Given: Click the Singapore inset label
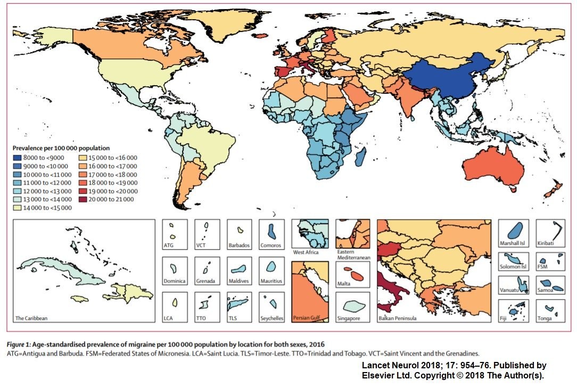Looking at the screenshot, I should click(x=349, y=318).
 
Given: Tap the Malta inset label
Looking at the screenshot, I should click(x=344, y=284).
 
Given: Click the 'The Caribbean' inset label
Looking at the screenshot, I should click(x=31, y=318).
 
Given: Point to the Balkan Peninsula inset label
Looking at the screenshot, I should click(x=397, y=318).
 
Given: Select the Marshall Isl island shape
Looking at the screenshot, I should click(x=514, y=230).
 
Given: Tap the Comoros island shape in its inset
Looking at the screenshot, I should click(x=271, y=230).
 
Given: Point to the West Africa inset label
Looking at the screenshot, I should click(x=307, y=252).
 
